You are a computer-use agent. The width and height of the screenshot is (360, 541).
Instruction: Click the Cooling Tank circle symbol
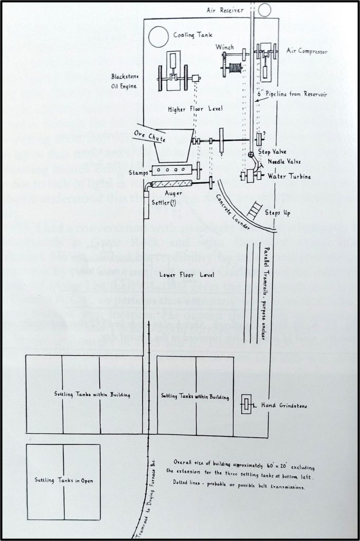click(157, 37)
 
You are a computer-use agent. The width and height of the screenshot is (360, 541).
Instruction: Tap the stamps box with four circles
click(170, 170)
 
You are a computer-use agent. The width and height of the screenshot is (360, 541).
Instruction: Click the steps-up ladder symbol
click(258, 210)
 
